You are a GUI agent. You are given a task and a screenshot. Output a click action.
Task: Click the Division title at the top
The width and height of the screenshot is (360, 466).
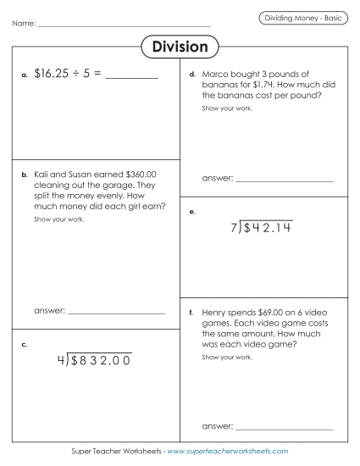tap(180, 47)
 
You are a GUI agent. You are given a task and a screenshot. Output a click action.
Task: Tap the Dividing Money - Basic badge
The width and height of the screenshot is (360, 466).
tap(302, 18)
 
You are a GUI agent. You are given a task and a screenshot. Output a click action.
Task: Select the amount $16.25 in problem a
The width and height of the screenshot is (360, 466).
tap(53, 75)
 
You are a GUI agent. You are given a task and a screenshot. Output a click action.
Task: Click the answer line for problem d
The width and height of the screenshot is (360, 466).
tap(284, 181)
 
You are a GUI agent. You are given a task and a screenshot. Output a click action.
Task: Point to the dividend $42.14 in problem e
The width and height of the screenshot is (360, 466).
tap(268, 228)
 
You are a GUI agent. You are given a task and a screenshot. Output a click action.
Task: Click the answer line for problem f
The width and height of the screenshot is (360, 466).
tap(284, 427)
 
